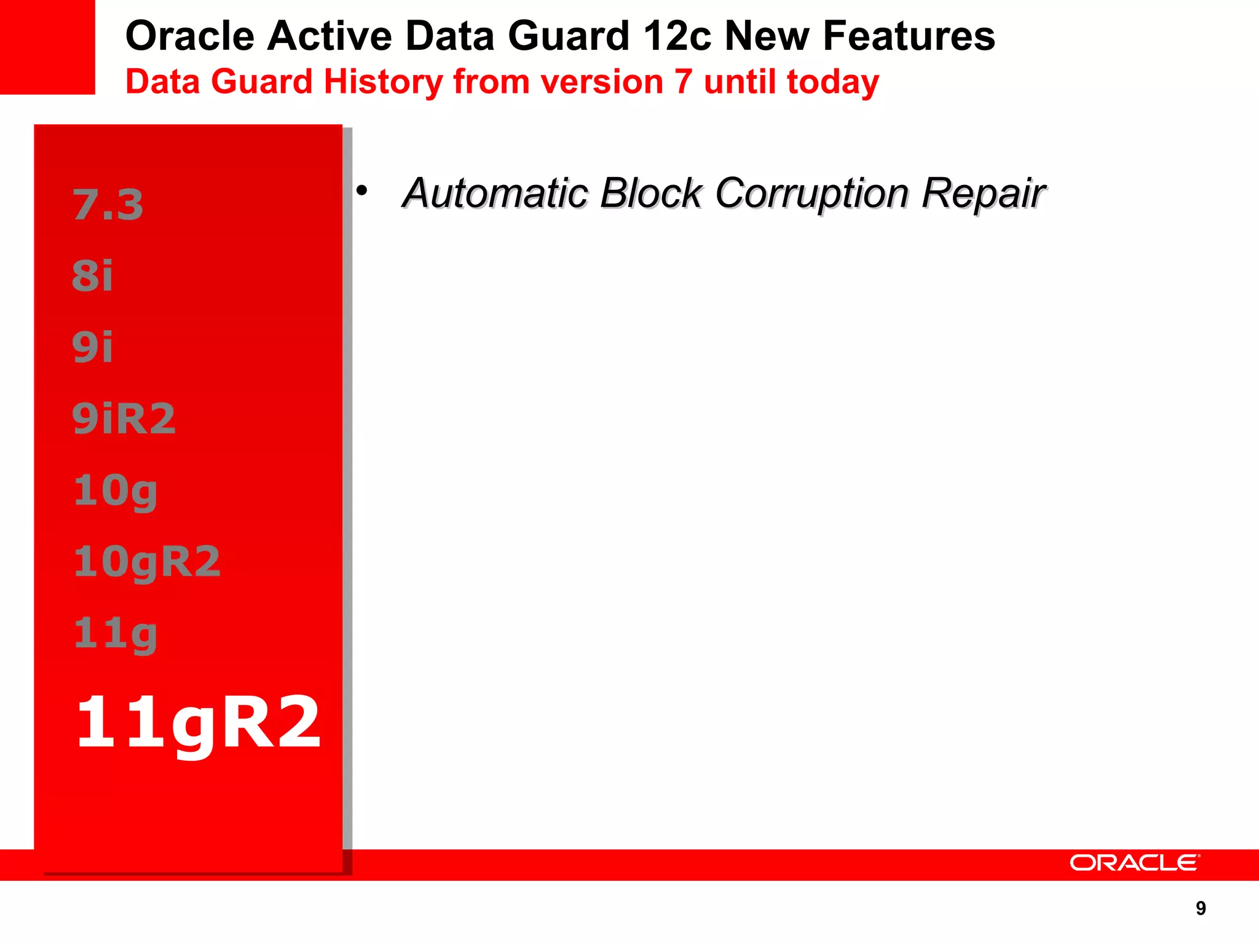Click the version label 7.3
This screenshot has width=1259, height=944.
click(x=108, y=205)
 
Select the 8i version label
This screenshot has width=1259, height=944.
click(x=93, y=276)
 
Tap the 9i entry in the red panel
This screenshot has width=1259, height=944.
click(x=93, y=347)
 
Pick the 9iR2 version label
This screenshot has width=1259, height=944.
click(x=124, y=419)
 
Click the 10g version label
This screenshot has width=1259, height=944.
click(x=116, y=491)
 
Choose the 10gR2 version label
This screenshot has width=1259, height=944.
click(x=147, y=562)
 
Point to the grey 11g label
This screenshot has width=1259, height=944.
click(x=116, y=634)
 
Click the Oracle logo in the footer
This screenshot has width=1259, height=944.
click(x=1134, y=863)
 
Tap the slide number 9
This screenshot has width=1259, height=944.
click(x=1201, y=908)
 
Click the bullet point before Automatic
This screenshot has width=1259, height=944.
click(x=361, y=191)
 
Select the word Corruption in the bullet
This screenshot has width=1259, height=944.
click(x=811, y=194)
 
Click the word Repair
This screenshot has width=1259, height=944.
click(x=983, y=194)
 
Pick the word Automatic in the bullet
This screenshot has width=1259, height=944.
click(x=495, y=194)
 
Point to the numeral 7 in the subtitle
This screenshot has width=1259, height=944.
click(x=683, y=82)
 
